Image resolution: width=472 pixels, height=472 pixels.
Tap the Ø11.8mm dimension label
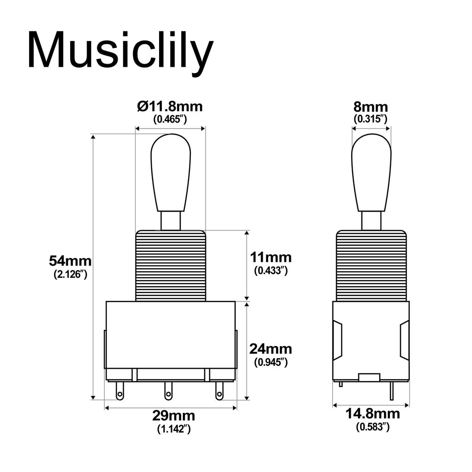point(170,107)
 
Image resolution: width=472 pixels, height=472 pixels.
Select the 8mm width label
point(371,107)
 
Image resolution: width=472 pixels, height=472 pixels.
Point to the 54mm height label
point(70,261)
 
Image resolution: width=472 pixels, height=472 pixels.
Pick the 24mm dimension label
point(271,348)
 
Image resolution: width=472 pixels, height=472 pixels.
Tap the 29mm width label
point(173,416)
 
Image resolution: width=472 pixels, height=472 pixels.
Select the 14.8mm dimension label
point(373,413)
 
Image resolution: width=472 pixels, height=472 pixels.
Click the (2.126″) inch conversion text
point(70,274)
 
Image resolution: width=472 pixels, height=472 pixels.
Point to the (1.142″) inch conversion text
point(173,429)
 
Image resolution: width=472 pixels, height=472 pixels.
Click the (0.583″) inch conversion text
point(373,427)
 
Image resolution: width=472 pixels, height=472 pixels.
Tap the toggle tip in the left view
point(171,173)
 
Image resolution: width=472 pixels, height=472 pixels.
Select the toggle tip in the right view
point(371,173)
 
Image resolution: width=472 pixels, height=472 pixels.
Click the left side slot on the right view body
point(338,341)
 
